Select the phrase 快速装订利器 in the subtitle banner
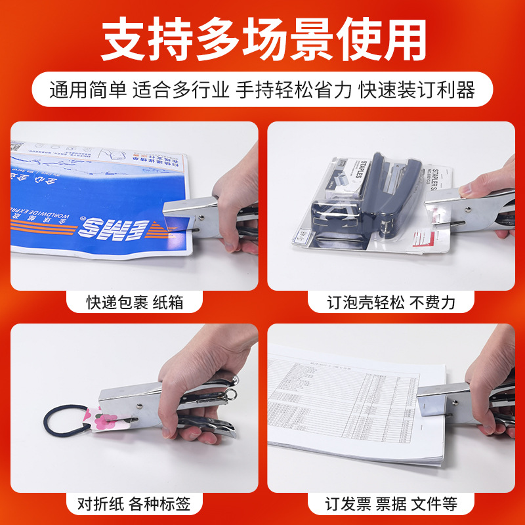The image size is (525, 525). click(x=417, y=90)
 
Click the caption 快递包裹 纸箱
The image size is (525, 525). click(x=135, y=303)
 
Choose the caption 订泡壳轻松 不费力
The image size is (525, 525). click(x=391, y=303)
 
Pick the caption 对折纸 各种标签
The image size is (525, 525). click(x=134, y=504)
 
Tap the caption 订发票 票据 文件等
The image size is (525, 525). click(x=391, y=504)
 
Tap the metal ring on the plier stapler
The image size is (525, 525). click(x=232, y=396)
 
